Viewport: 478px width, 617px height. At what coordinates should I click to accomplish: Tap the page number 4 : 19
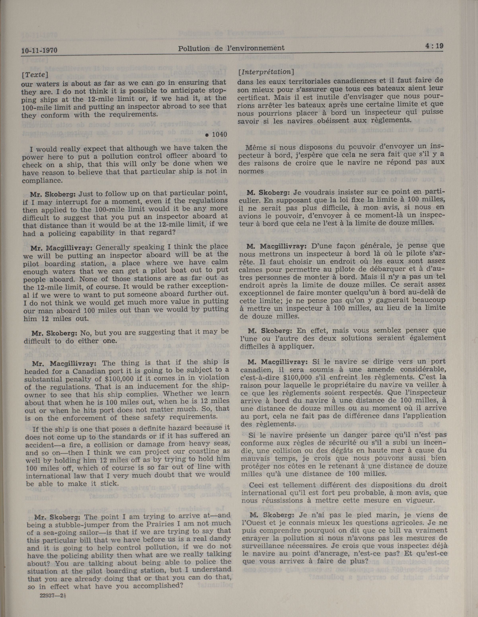(x=434, y=46)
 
